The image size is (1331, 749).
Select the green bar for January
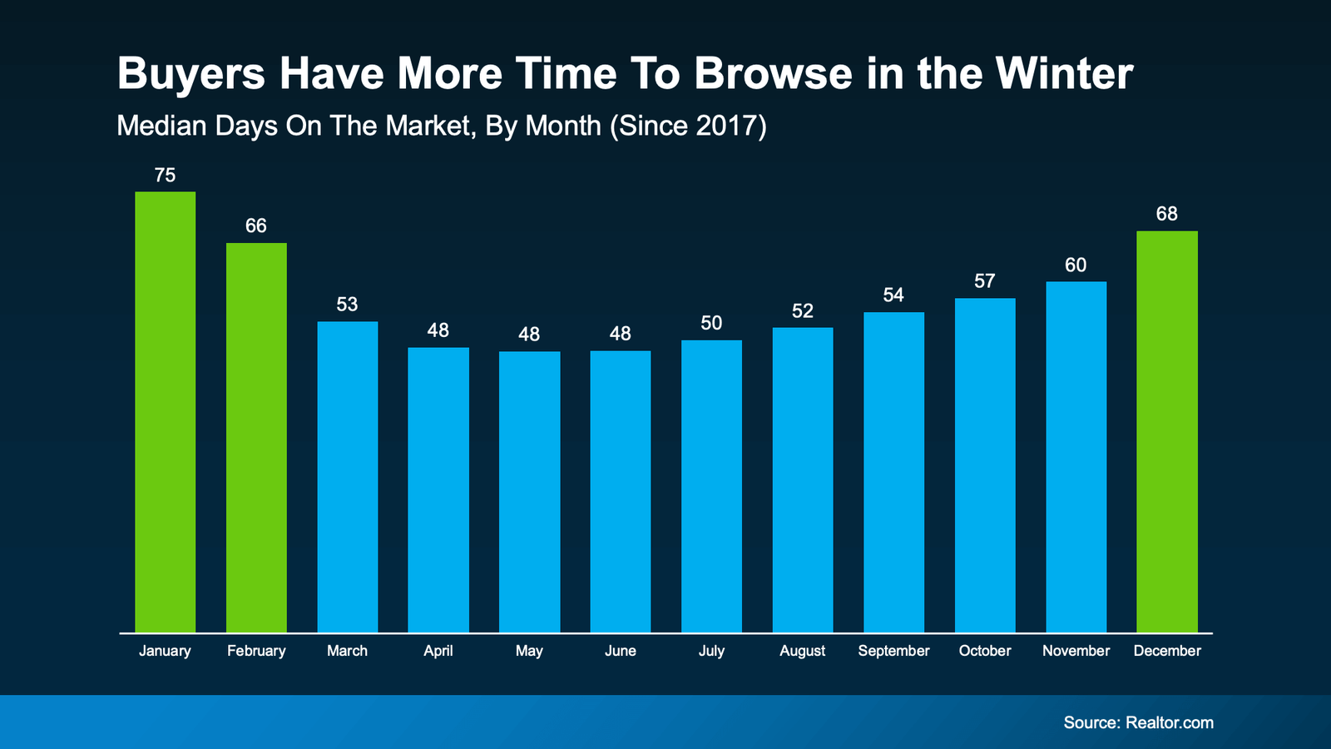tap(165, 412)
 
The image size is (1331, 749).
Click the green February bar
tap(256, 437)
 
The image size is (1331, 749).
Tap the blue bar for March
tap(347, 477)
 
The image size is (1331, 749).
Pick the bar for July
tap(711, 486)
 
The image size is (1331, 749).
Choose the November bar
tap(1076, 457)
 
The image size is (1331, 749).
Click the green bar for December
tap(1167, 431)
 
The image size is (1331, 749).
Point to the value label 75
tap(165, 176)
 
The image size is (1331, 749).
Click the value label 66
tap(256, 226)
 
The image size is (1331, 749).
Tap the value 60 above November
tap(1076, 265)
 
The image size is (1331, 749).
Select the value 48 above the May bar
tap(529, 335)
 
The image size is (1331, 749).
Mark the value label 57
tap(985, 281)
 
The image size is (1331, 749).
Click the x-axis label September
tap(893, 651)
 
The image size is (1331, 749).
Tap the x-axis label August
tap(802, 651)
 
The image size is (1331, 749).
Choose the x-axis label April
tap(438, 651)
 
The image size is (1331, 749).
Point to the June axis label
tap(620, 651)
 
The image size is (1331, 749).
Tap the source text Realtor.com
tap(1169, 722)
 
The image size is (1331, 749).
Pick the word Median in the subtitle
tap(162, 126)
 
